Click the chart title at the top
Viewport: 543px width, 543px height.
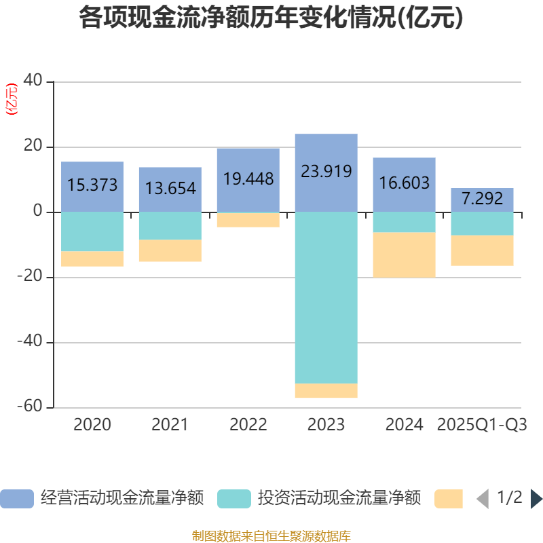tap(271, 18)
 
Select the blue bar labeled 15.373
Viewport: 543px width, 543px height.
tap(92, 170)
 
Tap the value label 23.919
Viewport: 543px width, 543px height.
tap(326, 171)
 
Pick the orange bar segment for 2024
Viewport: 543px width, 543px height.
tap(405, 255)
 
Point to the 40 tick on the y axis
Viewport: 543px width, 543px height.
tap(33, 81)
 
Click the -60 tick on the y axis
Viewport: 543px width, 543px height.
tap(31, 407)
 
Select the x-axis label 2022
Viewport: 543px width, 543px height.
tap(248, 425)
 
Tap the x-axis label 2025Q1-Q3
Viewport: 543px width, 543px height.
tap(482, 425)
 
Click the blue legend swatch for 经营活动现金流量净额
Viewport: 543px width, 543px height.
tap(17, 499)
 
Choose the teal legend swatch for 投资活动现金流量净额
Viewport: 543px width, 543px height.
tap(234, 499)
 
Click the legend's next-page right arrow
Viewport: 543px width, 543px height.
tap(536, 499)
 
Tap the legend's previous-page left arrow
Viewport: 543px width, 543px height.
tap(483, 499)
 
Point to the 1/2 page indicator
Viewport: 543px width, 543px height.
tap(509, 498)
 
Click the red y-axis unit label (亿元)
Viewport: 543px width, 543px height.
tap(12, 99)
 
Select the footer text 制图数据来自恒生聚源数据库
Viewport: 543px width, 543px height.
tap(271, 536)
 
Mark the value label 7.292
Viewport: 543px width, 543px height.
tap(483, 198)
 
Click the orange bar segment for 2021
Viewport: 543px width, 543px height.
tap(170, 250)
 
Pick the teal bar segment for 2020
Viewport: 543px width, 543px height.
tap(92, 231)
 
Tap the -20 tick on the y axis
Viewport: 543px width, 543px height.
tap(31, 277)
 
